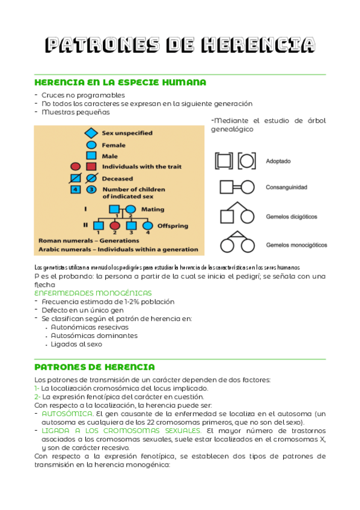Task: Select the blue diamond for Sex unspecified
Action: tap(91, 133)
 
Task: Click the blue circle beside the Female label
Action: tap(91, 145)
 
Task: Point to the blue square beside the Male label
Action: tap(91, 156)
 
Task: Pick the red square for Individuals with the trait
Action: tap(91, 167)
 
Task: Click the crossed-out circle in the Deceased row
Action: tap(91, 178)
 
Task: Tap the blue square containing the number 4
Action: tap(76, 189)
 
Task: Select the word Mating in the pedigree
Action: tap(153, 210)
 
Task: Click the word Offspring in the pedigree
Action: tap(172, 226)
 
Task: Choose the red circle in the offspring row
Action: tap(115, 226)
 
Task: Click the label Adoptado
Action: tap(279, 161)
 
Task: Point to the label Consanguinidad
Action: tap(286, 188)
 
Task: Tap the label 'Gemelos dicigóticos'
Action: tap(291, 216)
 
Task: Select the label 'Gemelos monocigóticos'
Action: tap(296, 245)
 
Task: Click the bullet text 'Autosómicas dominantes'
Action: tap(94, 336)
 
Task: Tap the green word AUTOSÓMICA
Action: tap(68, 414)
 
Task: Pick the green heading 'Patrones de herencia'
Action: tap(95, 367)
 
